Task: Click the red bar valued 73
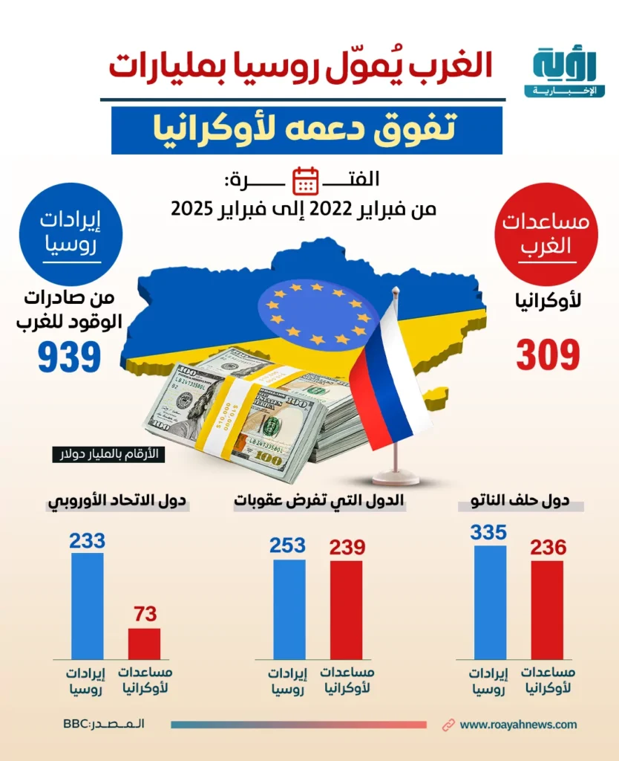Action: (144, 644)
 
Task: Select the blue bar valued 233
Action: (88, 606)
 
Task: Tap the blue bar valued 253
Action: (289, 609)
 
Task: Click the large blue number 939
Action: (70, 356)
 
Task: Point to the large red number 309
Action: (548, 356)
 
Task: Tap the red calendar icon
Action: (306, 181)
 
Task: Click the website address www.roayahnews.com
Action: (518, 725)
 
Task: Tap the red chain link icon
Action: (448, 725)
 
